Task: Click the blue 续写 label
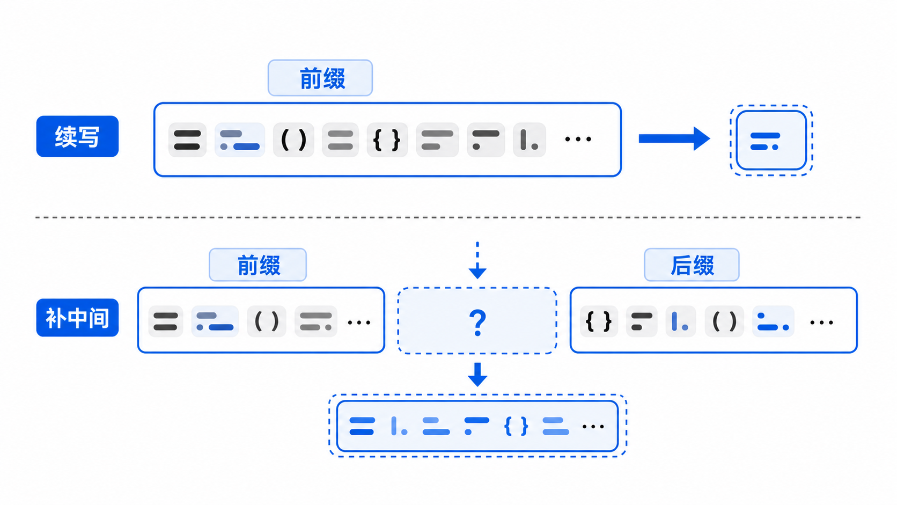(77, 136)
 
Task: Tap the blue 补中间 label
(77, 318)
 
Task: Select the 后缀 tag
(692, 265)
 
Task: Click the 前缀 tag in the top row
(320, 78)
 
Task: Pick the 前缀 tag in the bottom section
(258, 265)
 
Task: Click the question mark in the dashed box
(477, 323)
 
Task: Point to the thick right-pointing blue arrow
(674, 138)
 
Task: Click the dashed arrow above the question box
(477, 260)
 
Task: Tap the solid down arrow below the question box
(477, 375)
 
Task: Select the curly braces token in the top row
(387, 140)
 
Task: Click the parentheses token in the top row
(293, 140)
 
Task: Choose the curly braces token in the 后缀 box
(599, 321)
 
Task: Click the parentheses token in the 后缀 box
(724, 321)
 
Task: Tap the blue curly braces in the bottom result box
(516, 426)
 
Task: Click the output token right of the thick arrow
(771, 141)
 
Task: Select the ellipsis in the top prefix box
(578, 140)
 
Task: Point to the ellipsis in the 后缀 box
(821, 323)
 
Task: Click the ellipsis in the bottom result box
(593, 427)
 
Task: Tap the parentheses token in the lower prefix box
(267, 321)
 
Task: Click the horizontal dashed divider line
(448, 217)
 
